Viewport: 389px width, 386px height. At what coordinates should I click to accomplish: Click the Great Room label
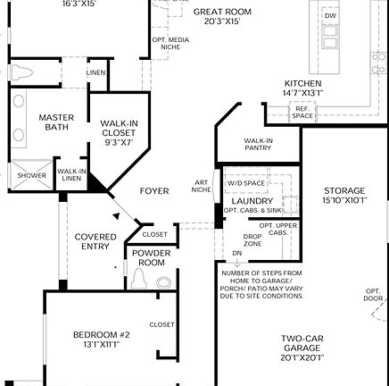pos(220,14)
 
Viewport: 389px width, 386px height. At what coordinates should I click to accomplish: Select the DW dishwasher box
pos(330,17)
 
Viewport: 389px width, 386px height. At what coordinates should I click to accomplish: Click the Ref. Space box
pos(302,112)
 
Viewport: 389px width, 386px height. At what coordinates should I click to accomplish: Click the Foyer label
pos(154,191)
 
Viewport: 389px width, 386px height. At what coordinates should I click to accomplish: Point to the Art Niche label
pos(201,187)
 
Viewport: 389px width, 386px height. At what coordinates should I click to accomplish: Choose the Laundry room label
pos(252,201)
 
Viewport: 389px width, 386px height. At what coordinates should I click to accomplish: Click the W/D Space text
pos(245,183)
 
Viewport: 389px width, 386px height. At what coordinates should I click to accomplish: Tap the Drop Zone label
pos(252,239)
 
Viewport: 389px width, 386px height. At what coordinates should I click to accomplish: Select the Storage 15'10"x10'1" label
pos(343,196)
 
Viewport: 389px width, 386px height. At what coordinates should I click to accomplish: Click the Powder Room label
pos(151,259)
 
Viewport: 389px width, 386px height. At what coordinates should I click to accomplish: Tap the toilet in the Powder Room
pos(138,279)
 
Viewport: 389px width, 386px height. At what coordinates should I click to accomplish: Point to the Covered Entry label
pos(95,241)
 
